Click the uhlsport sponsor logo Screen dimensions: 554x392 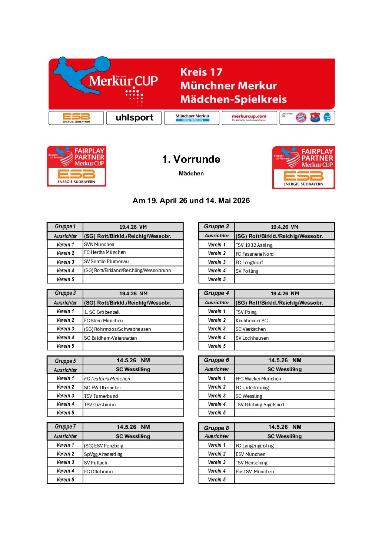134,118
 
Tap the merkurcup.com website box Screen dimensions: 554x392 249,118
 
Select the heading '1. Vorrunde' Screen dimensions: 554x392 191,159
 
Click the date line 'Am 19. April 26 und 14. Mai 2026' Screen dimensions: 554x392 191,201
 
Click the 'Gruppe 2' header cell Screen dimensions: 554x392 216,226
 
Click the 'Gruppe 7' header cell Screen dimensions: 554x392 65,427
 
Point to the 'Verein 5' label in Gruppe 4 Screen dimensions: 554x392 217,346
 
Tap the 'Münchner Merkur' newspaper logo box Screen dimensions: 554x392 192,118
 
